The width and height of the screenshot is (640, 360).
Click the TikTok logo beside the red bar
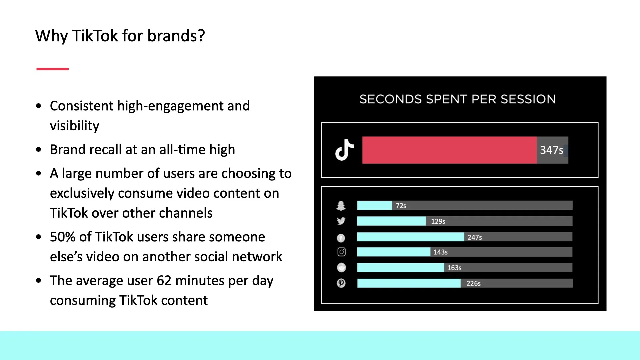(344, 150)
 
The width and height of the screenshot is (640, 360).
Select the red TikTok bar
(449, 150)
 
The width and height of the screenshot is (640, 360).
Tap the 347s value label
(551, 150)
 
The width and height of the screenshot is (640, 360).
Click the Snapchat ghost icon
(341, 206)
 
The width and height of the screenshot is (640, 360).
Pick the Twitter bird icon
(341, 221)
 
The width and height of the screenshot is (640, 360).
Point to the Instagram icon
(341, 252)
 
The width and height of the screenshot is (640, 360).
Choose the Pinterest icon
(341, 283)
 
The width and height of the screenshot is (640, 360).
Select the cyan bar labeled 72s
(374, 206)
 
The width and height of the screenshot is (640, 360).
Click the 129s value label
(438, 221)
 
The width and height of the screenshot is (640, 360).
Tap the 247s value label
(475, 237)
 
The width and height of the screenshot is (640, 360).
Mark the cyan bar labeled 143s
(393, 252)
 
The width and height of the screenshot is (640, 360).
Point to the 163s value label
(454, 268)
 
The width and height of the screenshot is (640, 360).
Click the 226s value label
(473, 283)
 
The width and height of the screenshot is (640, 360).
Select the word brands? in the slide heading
(176, 36)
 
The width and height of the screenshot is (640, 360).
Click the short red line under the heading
(53, 69)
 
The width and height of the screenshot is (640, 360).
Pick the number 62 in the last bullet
(164, 281)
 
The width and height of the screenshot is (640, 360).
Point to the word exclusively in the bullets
(82, 193)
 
